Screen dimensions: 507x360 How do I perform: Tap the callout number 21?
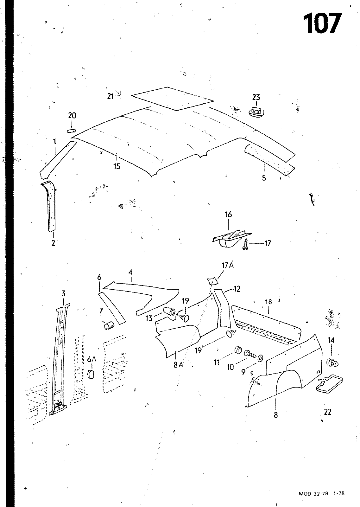tap(110, 96)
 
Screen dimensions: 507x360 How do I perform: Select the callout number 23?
tap(256, 97)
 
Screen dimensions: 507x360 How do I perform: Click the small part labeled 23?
tap(256, 111)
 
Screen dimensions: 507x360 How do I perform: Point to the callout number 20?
tap(72, 116)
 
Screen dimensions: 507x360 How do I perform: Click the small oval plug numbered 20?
tap(72, 130)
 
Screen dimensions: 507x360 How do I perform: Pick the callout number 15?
tap(117, 166)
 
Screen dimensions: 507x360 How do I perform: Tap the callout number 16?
tap(228, 215)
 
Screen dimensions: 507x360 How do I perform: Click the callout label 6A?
tap(92, 359)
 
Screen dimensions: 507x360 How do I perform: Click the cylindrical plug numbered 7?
tap(109, 325)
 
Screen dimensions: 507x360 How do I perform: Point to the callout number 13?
tap(149, 318)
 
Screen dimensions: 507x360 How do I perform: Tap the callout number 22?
tap(328, 412)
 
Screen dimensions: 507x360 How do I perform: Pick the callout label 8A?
tap(178, 365)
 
